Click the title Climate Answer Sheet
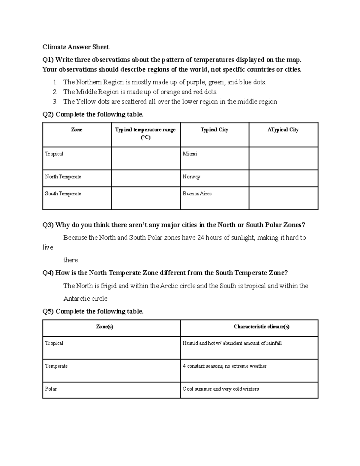(x=76, y=47)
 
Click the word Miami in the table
(x=190, y=154)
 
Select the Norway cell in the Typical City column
(x=191, y=177)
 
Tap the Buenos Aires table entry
(x=197, y=194)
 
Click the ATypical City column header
(x=283, y=130)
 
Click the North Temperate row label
(x=63, y=177)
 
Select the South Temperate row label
(x=63, y=194)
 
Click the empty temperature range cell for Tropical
(x=145, y=158)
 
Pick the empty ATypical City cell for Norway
(x=283, y=178)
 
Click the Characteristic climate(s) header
(x=262, y=327)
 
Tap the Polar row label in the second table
(x=51, y=389)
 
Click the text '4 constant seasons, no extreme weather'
(x=224, y=366)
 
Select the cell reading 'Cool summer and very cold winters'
(x=221, y=389)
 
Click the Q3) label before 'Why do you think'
(x=48, y=225)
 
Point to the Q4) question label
(x=48, y=273)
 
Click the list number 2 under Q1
(x=55, y=92)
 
